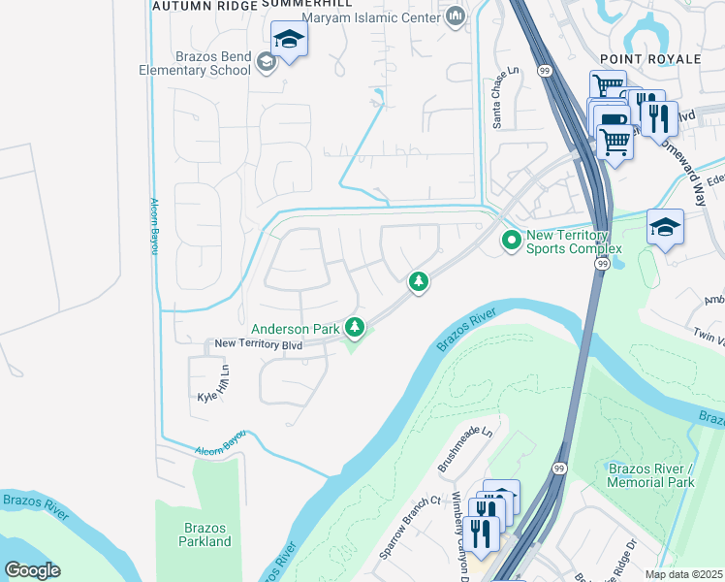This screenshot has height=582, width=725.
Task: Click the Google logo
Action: coord(32,570)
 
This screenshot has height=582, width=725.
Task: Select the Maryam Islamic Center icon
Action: coord(456,16)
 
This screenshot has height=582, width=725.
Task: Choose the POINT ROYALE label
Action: coord(650,59)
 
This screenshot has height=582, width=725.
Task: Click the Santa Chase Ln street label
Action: coord(506,98)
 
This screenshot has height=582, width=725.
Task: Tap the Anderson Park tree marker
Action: coord(356,328)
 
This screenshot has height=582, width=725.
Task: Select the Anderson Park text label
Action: coord(295,330)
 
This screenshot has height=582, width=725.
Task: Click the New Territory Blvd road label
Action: coord(259,344)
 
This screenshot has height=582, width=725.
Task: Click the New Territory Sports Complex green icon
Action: coord(511,239)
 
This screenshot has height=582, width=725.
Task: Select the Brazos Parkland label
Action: coord(205,534)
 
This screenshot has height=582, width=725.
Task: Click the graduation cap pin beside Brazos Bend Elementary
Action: coord(289,41)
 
